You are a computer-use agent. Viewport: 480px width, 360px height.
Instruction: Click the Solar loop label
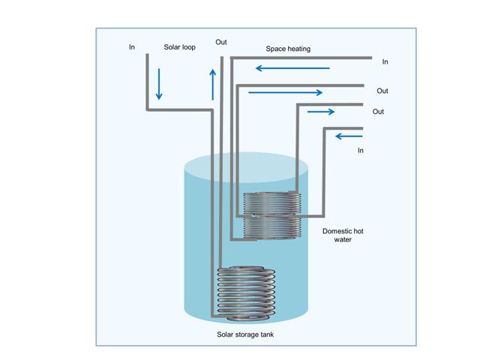click(x=179, y=47)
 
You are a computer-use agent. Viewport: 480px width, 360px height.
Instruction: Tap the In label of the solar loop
click(x=132, y=46)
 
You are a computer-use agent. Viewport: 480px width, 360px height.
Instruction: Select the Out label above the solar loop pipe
click(x=221, y=42)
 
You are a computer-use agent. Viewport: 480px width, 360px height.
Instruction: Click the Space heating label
click(x=288, y=49)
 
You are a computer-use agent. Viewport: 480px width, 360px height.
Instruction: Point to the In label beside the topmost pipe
click(x=385, y=61)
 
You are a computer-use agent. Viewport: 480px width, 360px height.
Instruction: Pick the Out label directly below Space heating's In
click(x=382, y=91)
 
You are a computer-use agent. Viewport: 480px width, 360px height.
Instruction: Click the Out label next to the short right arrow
click(x=378, y=112)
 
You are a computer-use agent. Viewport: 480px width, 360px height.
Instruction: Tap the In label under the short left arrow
click(x=361, y=150)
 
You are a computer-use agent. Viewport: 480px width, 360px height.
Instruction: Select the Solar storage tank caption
click(x=245, y=334)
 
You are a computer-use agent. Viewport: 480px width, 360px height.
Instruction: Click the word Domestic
click(x=335, y=231)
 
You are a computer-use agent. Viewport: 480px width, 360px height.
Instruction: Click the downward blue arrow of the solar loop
click(x=159, y=84)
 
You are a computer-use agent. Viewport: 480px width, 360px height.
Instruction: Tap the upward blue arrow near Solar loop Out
click(x=213, y=85)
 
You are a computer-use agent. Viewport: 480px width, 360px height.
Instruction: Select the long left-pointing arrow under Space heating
click(x=292, y=68)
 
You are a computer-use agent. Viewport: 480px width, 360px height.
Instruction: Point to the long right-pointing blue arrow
click(x=285, y=92)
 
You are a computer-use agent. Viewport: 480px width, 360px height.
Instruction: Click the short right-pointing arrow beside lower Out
click(x=321, y=112)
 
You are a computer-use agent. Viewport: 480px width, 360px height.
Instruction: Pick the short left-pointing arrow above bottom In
click(x=349, y=136)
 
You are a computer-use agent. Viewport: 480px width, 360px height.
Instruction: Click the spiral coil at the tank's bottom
click(x=246, y=294)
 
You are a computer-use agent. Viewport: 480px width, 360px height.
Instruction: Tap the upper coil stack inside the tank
click(x=271, y=215)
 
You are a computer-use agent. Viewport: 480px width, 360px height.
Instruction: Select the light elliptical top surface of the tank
click(x=246, y=167)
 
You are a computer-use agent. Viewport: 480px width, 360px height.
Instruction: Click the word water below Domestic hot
click(x=343, y=239)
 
